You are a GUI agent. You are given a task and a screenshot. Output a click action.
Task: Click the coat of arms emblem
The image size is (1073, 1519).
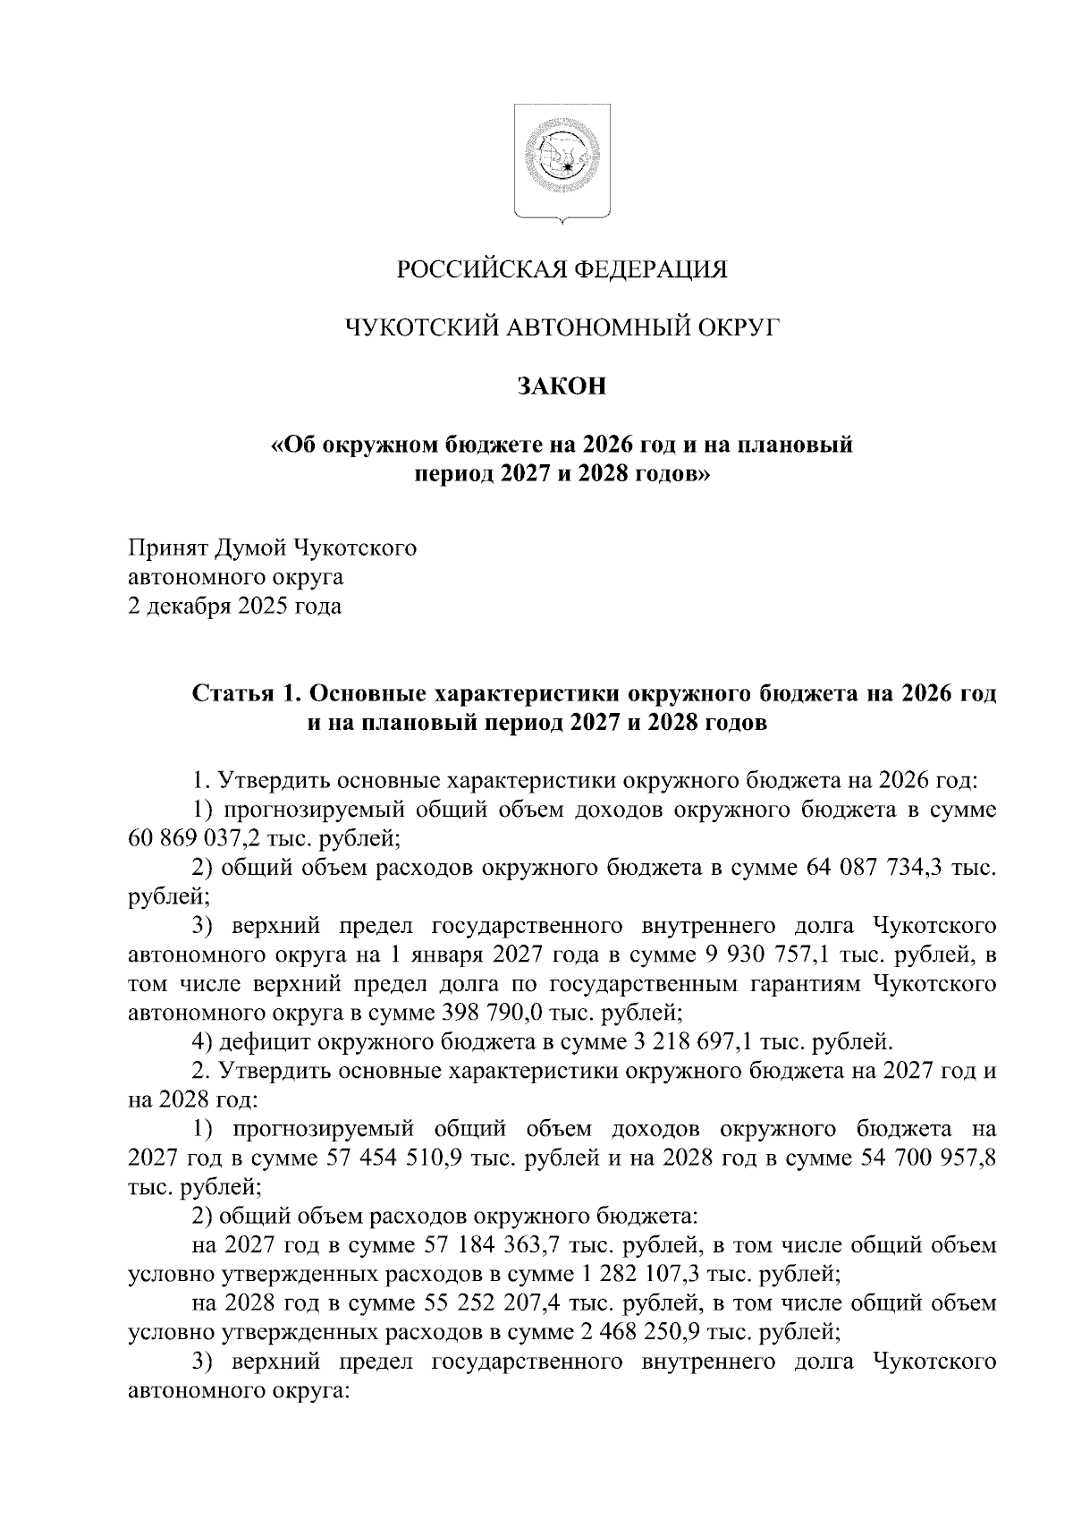562,164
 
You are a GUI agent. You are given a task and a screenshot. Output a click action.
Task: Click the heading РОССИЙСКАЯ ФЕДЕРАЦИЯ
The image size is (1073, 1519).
562,268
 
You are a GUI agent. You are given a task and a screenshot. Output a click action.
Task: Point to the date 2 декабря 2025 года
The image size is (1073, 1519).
235,607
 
